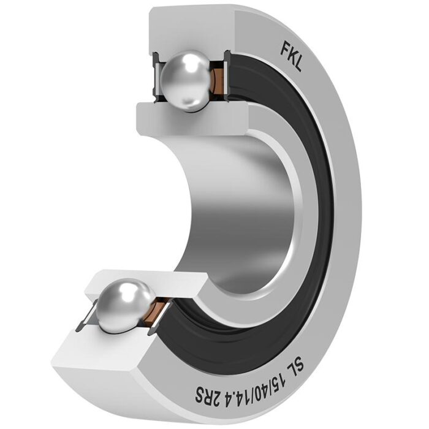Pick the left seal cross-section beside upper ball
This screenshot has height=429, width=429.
click(x=154, y=77)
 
